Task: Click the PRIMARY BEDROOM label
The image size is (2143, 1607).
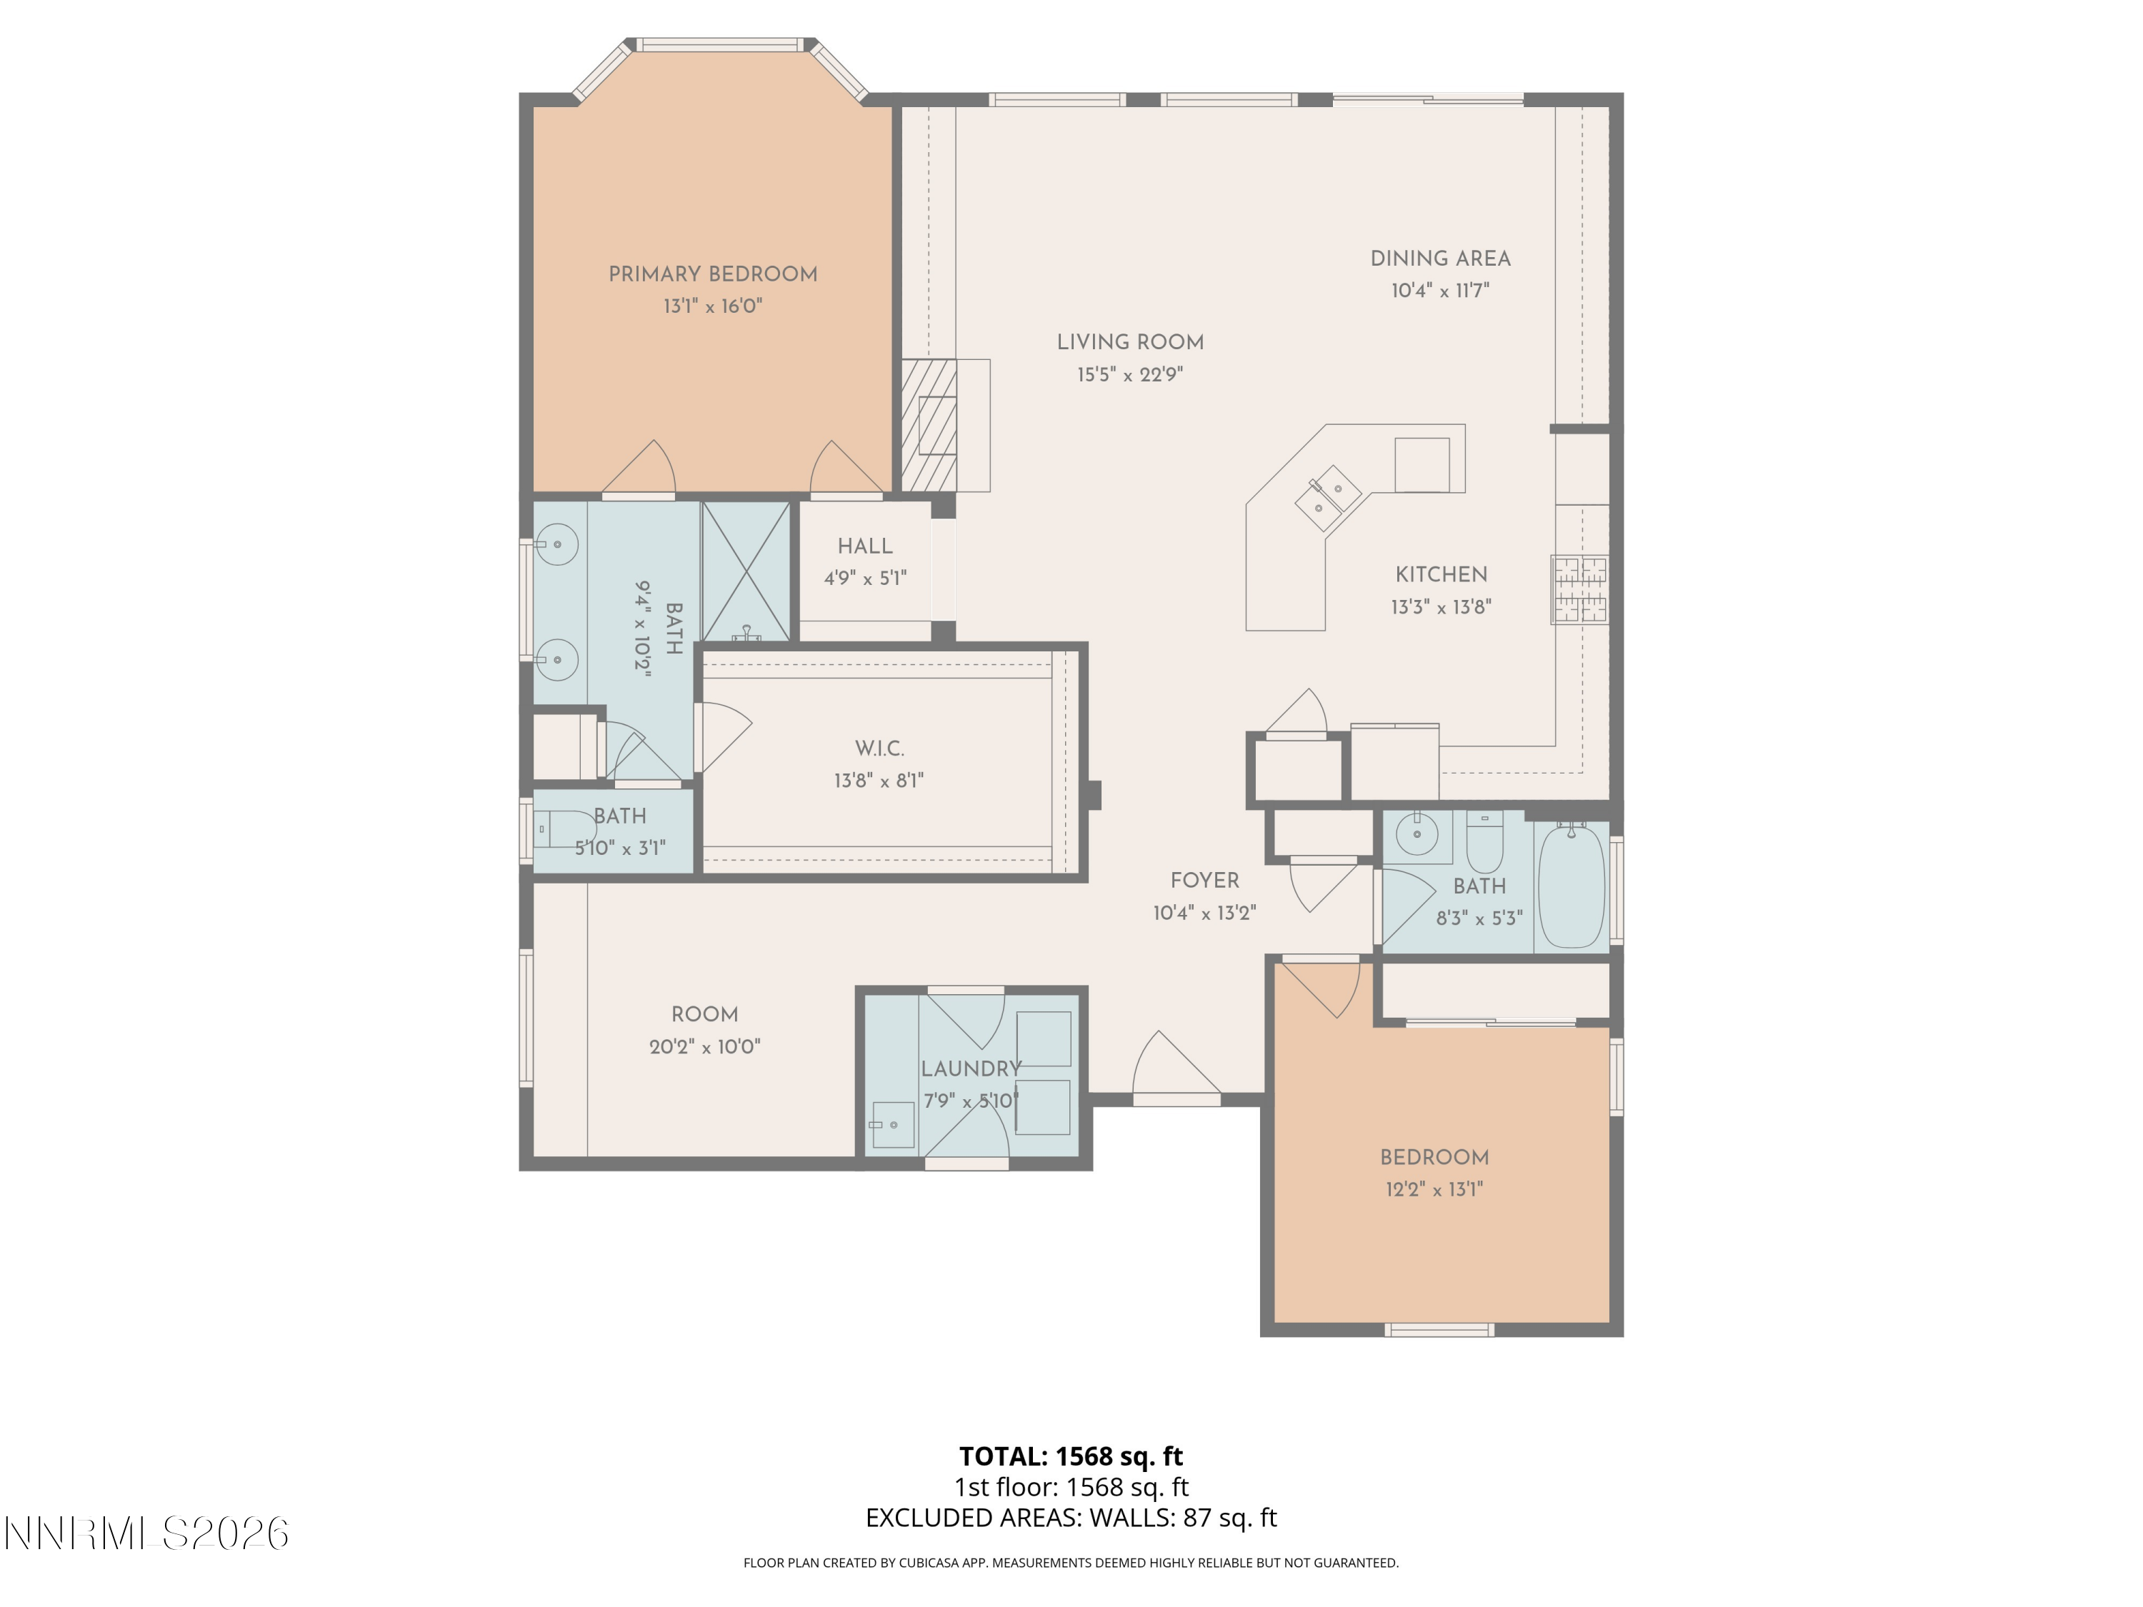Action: pos(712,274)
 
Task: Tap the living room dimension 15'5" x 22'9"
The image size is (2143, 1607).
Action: pos(1129,375)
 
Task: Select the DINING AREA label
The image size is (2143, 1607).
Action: pos(1439,259)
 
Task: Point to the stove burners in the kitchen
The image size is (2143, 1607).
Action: pos(1579,589)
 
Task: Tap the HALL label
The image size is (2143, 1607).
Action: pos(864,546)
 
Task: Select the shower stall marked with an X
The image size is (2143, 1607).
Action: pos(745,571)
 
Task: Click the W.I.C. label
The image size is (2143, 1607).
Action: pos(879,749)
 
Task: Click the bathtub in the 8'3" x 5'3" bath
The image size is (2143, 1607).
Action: pos(1570,886)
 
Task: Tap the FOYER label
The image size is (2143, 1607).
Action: pos(1204,881)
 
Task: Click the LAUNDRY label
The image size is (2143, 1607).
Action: pos(971,1068)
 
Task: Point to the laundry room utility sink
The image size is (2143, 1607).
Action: pos(892,1125)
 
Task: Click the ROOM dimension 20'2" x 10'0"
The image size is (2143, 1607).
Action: pos(704,1047)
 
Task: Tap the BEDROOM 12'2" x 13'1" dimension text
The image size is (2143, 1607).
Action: pos(1434,1189)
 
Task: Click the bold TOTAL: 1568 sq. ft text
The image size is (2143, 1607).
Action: pos(1071,1456)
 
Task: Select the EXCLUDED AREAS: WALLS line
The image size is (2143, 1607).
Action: pos(1071,1518)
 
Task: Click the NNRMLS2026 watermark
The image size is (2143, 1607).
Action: pos(147,1533)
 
